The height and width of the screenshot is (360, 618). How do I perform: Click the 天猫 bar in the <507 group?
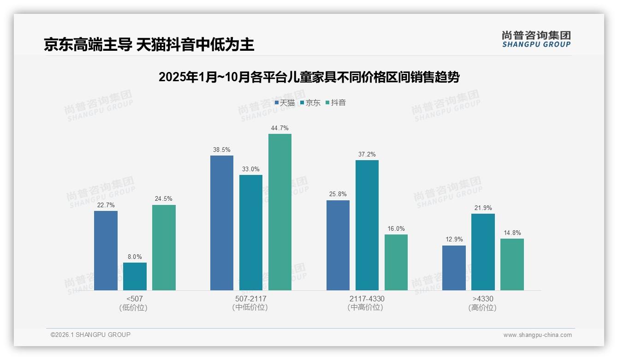coord(106,251)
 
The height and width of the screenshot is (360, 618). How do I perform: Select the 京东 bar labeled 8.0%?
coord(135,276)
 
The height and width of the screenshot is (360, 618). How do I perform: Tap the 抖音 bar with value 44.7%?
coord(280,212)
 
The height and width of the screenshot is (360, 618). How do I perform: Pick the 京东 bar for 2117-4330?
coord(367,225)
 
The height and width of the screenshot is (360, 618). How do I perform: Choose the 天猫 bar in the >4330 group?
coord(454,268)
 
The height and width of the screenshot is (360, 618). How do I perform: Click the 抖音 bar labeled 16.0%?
coord(396,262)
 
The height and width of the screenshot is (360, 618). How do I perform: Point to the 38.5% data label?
coord(222,150)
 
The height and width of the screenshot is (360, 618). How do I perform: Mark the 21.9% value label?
coord(483,208)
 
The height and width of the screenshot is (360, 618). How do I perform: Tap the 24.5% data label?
coord(164,199)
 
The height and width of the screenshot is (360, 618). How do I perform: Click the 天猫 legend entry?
coord(285,103)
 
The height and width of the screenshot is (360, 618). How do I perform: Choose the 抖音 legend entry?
coord(336,103)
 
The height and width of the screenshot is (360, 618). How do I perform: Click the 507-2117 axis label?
coord(250,299)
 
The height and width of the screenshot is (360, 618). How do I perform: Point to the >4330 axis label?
coord(483,299)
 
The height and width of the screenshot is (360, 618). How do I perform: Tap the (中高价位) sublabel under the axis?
coord(366,307)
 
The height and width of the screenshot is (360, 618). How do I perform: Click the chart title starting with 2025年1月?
coord(309,77)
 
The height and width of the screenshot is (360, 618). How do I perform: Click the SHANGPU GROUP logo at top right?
coord(536,39)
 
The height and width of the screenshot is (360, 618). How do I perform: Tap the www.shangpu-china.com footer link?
coord(537,335)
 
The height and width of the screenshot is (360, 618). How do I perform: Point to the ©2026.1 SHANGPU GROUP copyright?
coord(90,335)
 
